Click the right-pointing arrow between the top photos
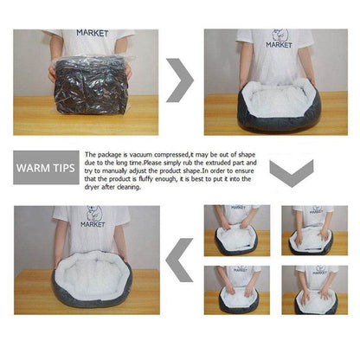click(179, 80)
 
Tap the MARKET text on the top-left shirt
click(92, 33)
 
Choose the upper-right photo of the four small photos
click(312, 230)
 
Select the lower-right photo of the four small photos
click(312, 290)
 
